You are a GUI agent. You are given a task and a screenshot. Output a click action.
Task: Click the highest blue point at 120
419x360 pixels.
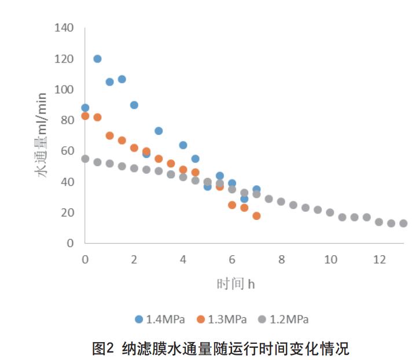[97, 58]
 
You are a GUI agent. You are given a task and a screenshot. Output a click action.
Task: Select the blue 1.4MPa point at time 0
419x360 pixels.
[85, 108]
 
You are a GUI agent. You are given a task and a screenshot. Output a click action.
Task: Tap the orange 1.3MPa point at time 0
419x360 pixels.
[85, 116]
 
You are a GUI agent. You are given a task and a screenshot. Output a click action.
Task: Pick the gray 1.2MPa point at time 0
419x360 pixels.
[85, 159]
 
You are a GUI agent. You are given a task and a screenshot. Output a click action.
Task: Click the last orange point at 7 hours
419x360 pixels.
[256, 216]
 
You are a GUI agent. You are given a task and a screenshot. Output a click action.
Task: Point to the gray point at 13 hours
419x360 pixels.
[403, 223]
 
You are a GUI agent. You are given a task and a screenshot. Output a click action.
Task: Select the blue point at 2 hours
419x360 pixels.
[134, 105]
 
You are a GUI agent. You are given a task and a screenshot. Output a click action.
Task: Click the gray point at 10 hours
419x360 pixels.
[330, 212]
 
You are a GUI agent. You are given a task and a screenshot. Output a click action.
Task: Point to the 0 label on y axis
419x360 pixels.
[71, 243]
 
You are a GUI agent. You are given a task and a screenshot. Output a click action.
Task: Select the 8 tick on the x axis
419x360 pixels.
[281, 259]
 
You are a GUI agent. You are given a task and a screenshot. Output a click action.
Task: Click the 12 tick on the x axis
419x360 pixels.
[379, 259]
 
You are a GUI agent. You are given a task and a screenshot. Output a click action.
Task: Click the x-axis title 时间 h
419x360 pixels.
[236, 284]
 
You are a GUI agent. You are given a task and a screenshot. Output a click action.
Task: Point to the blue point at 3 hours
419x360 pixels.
[159, 131]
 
